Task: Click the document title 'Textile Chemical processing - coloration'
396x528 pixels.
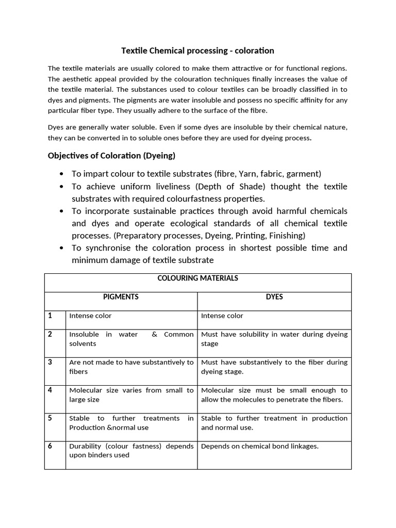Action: [197, 51]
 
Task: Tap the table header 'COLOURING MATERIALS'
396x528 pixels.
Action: [197, 278]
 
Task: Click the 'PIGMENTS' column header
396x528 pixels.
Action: [121, 297]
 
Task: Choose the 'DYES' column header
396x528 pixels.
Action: [274, 297]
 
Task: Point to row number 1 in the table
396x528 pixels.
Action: [50, 316]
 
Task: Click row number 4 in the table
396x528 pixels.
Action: [50, 390]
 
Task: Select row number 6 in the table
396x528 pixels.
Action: [50, 446]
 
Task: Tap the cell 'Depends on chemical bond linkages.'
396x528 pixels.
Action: [259, 446]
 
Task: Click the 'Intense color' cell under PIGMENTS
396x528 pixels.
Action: [90, 316]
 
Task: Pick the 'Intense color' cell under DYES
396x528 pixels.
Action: [222, 316]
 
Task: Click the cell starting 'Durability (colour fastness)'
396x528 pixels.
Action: [131, 451]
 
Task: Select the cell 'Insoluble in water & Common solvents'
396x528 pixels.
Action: [131, 339]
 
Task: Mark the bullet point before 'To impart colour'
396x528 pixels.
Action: [62, 174]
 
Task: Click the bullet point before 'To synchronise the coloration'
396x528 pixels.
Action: [62, 248]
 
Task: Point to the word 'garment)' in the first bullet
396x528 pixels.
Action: [304, 174]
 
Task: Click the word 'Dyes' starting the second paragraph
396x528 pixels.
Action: [56, 127]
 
